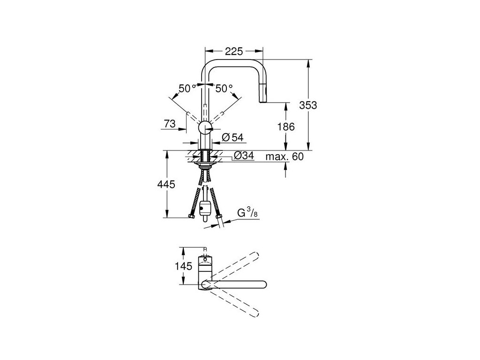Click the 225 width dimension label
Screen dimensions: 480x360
pyautogui.click(x=233, y=52)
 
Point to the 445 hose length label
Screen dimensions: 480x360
pyautogui.click(x=167, y=185)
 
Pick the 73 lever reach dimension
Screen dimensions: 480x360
pyautogui.click(x=170, y=124)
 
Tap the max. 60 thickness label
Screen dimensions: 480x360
pyautogui.click(x=285, y=157)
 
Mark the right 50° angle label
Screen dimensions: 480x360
pyautogui.click(x=224, y=88)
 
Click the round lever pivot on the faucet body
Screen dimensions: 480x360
pyautogui.click(x=205, y=127)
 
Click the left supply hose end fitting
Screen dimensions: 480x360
pyautogui.click(x=192, y=216)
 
